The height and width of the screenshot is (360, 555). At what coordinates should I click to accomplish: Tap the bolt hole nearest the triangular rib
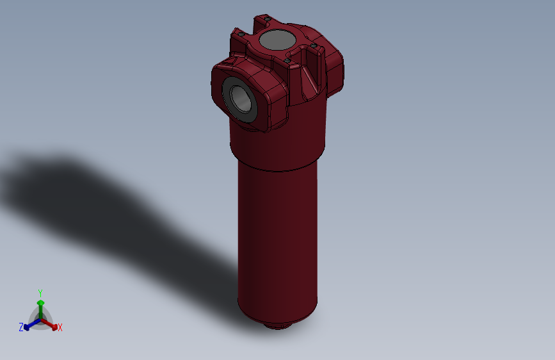(289, 60)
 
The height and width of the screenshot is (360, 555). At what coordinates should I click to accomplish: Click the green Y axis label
(40, 291)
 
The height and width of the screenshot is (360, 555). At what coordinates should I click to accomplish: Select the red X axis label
(60, 328)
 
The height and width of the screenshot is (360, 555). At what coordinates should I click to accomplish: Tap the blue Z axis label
(20, 327)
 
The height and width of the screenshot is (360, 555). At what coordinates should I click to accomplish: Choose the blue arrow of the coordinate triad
(28, 325)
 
